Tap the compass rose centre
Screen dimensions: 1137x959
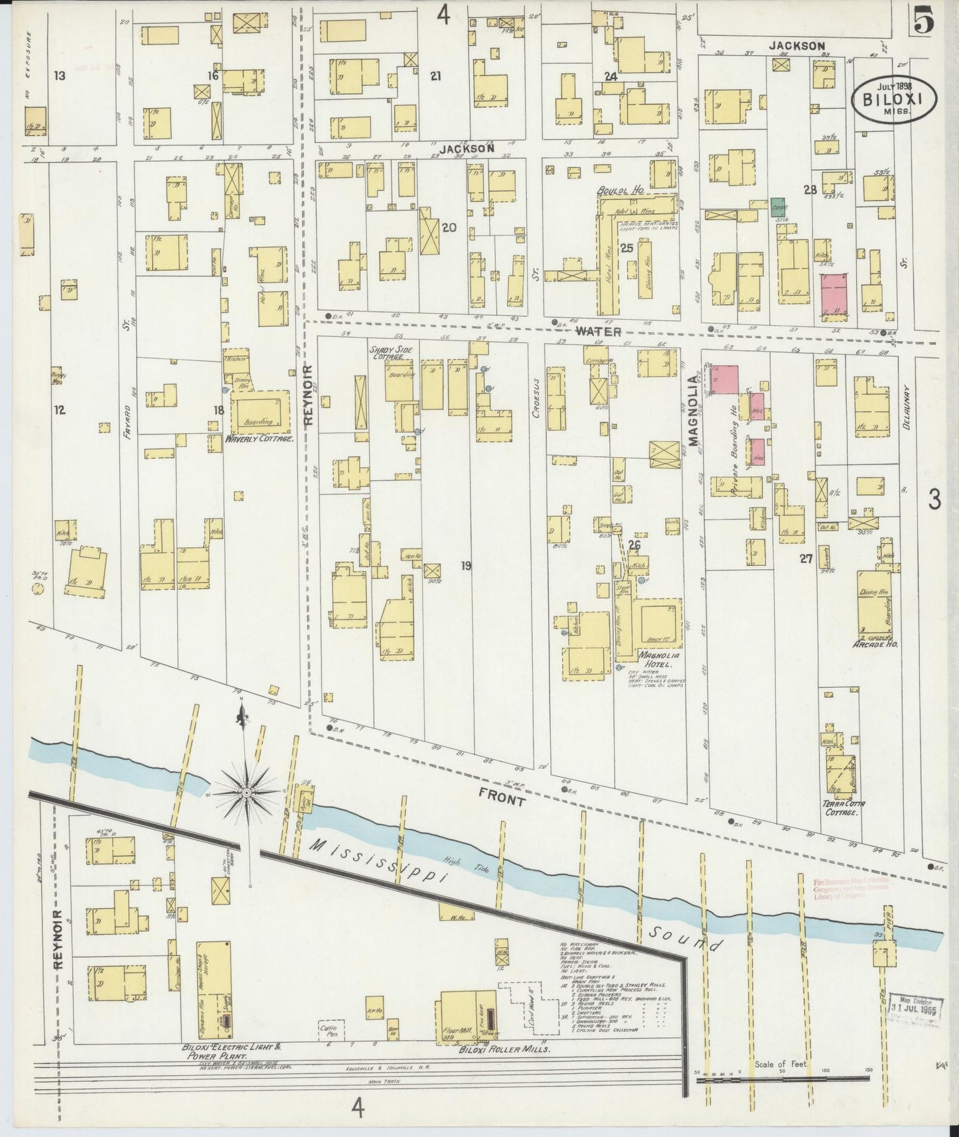(246, 791)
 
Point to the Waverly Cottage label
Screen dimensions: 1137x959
(259, 438)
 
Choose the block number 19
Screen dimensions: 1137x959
(466, 566)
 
